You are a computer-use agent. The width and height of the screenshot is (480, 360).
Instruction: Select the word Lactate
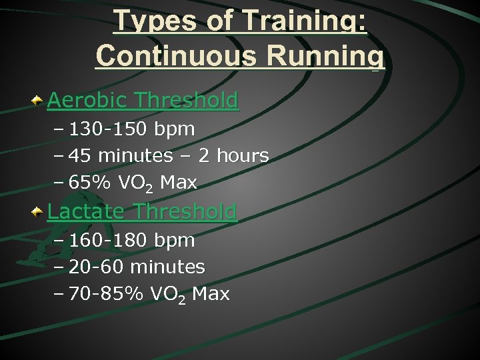87,212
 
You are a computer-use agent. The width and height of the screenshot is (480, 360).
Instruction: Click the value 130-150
109,128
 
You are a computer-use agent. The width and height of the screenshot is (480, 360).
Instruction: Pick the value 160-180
109,239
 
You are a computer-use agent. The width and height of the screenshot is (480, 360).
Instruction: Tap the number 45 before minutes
79,155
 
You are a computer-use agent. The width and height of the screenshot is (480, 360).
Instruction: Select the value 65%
90,182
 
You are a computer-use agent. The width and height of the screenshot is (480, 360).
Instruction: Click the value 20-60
97,267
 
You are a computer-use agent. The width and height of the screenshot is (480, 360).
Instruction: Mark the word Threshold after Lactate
185,212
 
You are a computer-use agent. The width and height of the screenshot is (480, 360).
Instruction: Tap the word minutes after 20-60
167,267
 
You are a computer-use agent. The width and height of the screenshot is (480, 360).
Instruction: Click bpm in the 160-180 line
174,241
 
